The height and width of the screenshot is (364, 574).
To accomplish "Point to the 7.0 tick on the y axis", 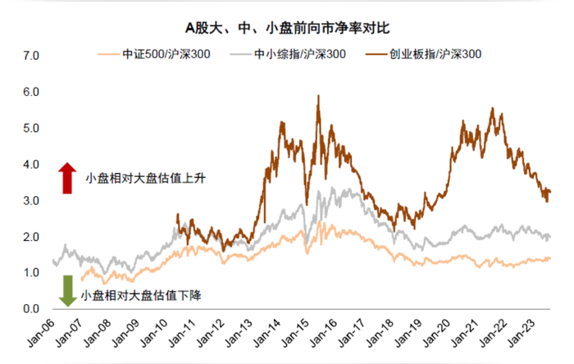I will [30, 57].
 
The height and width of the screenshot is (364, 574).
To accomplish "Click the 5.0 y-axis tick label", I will [30, 129].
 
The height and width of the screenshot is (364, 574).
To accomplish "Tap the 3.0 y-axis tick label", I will [30, 201].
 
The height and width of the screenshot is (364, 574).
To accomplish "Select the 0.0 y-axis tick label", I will [30, 309].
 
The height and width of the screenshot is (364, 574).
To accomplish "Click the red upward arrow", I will [66, 178].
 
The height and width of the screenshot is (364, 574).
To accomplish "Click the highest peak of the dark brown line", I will [318, 96].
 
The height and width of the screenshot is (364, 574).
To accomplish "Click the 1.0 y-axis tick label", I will [30, 273].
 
